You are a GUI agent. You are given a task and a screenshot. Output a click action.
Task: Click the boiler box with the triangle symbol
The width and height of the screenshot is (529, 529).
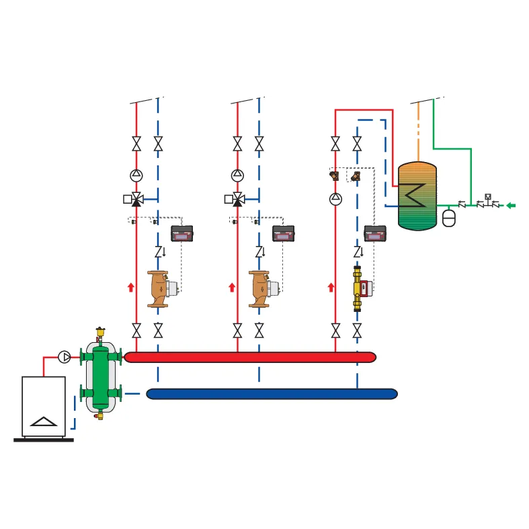pyautogui.click(x=44, y=406)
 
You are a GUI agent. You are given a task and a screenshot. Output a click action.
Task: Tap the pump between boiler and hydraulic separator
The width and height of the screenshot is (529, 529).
pyautogui.click(x=65, y=356)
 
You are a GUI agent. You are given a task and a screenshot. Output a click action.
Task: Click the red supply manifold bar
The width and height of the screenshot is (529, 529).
pyautogui.click(x=249, y=357)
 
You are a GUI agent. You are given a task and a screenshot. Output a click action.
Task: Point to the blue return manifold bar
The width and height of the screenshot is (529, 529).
pyautogui.click(x=272, y=394)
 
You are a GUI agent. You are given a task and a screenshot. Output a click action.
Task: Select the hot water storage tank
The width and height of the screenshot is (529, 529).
pyautogui.click(x=417, y=196)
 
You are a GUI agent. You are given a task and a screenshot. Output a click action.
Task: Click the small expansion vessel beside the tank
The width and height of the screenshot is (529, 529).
pyautogui.click(x=449, y=217)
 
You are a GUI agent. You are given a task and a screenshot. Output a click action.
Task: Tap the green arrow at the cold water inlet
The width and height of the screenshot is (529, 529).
pyautogui.click(x=511, y=205)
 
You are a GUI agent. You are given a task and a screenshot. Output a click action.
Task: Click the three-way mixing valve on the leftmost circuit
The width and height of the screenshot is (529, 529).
pyautogui.click(x=136, y=199)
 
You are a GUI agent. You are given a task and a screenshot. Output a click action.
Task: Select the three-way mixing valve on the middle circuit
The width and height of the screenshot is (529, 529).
pyautogui.click(x=237, y=199)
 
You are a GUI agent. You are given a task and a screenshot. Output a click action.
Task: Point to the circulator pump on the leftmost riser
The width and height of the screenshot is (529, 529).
pyautogui.click(x=136, y=175)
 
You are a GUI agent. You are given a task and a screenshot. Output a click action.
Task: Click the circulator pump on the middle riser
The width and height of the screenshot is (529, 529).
pyautogui.click(x=237, y=175)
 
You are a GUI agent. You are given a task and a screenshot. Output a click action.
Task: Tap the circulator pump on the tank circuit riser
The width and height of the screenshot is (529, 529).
pyautogui.click(x=335, y=199)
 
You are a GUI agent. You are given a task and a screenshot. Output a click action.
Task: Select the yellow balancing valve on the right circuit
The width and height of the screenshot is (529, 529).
pyautogui.click(x=358, y=288)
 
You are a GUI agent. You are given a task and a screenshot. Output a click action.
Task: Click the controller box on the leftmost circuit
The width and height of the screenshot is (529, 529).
pyautogui.click(x=181, y=233)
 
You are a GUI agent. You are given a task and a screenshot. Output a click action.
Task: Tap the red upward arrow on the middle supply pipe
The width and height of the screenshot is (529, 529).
pyautogui.click(x=232, y=287)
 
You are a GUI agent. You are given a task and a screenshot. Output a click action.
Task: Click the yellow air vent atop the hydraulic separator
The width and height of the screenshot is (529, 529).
pyautogui.click(x=101, y=331)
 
